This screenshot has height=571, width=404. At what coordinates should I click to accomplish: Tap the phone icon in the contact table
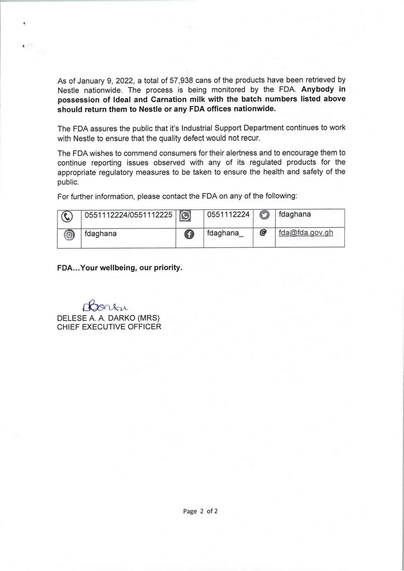pos(67,216)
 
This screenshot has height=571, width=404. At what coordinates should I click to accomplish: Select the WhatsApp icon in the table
pos(185,216)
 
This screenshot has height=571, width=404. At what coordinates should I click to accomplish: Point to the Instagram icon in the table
pos(68,235)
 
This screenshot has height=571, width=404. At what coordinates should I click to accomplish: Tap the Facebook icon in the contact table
pos(189,234)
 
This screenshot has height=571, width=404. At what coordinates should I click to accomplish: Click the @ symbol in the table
pos(263,233)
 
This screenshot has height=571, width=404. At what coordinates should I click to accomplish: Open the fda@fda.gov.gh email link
pos(306,233)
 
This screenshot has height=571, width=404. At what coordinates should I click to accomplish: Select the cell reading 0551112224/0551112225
pos(128,215)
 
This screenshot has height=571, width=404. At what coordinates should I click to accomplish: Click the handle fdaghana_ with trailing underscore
pos(225,233)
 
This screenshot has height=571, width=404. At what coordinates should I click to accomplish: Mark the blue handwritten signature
pos(105,307)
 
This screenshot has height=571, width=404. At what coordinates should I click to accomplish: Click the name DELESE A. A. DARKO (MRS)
pos(108,318)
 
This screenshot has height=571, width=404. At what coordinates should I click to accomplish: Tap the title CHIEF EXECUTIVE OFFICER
pos(109,327)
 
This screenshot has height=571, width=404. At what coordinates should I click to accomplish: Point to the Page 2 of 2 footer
pos(200,511)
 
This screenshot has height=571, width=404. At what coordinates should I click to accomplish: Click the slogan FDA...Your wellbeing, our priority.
pos(120,268)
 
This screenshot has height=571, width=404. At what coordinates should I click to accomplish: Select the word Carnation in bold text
pos(169,100)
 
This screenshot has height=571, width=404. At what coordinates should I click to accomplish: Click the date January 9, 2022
pos(101,81)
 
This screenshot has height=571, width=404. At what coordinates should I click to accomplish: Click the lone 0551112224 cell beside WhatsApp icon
pos(228,215)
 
